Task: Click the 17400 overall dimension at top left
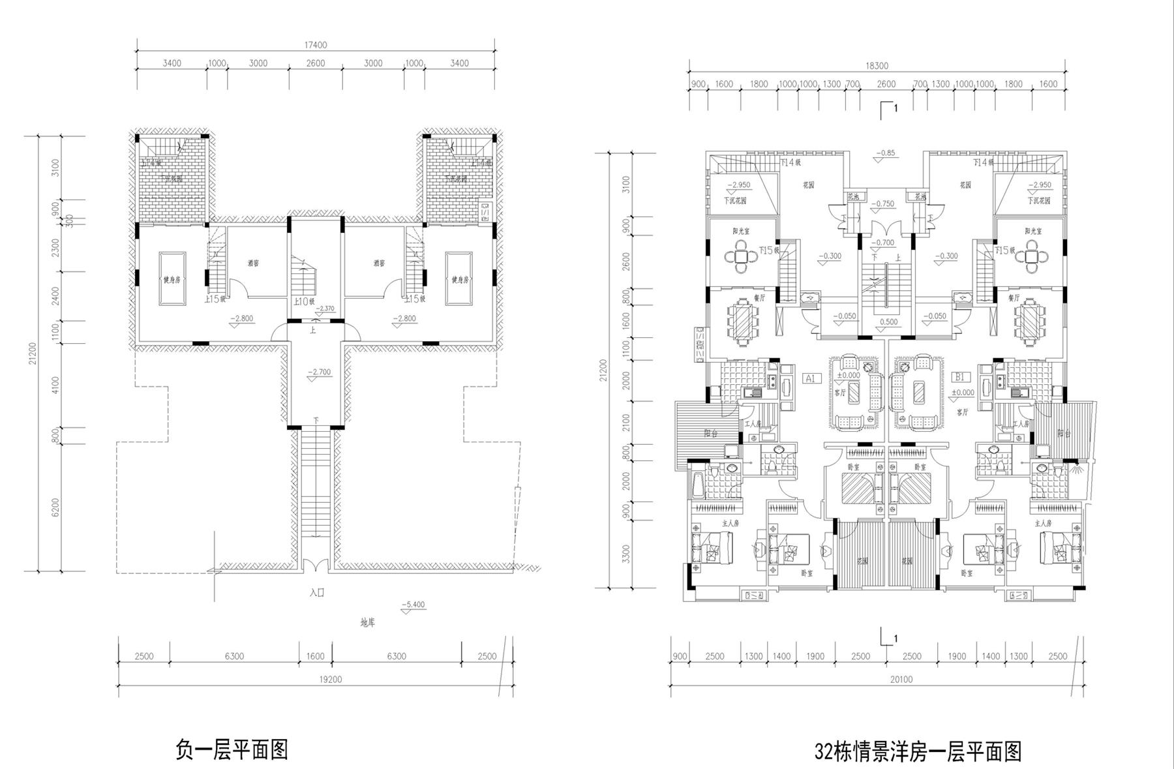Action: [x=316, y=45]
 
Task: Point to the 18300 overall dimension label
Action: [x=877, y=66]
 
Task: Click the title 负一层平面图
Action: [x=232, y=749]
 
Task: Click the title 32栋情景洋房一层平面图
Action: [x=918, y=751]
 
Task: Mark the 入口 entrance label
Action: [x=317, y=593]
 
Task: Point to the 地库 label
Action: [x=368, y=623]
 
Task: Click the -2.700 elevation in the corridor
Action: [x=320, y=372]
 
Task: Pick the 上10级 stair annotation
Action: [x=304, y=302]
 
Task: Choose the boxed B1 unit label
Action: [x=959, y=377]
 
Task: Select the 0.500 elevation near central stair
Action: [x=888, y=322]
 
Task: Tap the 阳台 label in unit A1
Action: [x=712, y=433]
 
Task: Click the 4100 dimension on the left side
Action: [x=55, y=385]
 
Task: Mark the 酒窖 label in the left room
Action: [x=254, y=264]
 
